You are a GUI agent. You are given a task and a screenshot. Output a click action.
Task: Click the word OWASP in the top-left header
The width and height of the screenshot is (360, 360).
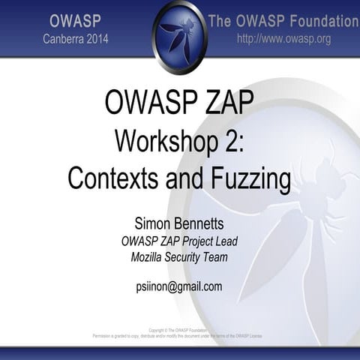(75, 19)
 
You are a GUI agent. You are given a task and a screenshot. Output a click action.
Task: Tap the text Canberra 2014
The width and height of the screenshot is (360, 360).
(75, 38)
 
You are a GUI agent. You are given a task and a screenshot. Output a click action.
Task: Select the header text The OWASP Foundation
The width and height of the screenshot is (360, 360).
(283, 20)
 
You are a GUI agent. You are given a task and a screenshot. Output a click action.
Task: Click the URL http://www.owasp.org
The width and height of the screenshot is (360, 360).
(283, 38)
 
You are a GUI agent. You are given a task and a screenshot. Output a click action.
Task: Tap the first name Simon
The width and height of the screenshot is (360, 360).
(153, 223)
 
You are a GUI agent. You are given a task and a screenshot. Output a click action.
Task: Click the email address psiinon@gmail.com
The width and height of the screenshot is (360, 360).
(180, 286)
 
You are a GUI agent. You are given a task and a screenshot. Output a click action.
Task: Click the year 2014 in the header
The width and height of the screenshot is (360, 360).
(95, 38)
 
